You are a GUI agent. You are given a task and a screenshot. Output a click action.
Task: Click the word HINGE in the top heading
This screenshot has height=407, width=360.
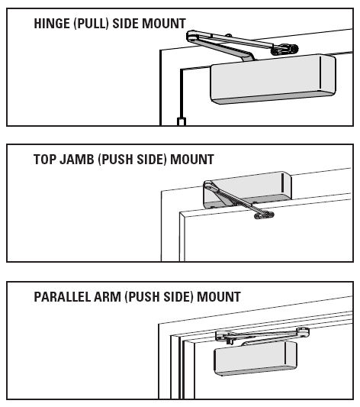tap(52, 24)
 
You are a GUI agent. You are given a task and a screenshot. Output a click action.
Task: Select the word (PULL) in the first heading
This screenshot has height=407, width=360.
tap(91, 24)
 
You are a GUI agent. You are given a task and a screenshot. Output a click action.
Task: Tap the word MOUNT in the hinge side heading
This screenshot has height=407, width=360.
tap(164, 24)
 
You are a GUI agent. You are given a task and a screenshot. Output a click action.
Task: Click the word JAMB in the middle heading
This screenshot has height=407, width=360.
tap(77, 160)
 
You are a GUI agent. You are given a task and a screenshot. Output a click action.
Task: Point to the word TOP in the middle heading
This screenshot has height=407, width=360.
tap(45, 160)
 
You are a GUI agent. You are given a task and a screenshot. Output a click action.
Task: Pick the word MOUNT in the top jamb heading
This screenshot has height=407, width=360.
tap(192, 160)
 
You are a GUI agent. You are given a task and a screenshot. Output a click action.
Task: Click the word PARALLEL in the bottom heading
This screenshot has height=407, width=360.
tap(63, 297)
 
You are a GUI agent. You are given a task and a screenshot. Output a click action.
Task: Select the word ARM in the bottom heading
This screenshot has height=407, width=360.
tap(108, 297)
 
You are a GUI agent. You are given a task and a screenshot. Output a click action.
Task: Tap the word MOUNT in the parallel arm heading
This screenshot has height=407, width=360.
tap(219, 297)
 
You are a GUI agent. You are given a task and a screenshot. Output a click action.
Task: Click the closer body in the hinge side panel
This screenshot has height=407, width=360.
tap(273, 79)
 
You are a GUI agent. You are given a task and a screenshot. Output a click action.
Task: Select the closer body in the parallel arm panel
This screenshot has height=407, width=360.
tap(256, 357)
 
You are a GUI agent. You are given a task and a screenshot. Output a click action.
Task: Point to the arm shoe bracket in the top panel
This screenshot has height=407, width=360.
tap(284, 50)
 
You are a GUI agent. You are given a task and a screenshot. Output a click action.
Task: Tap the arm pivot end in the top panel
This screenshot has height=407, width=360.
tap(192, 36)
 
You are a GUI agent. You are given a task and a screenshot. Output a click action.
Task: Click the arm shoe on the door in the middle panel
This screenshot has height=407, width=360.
tap(264, 215)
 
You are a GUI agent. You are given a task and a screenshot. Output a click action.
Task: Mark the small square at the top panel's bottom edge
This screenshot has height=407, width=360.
tap(182, 121)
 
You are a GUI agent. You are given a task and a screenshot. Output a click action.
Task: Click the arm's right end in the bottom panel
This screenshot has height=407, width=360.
tap(303, 332)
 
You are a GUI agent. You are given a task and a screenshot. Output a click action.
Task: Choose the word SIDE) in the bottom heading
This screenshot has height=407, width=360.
tap(178, 297)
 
